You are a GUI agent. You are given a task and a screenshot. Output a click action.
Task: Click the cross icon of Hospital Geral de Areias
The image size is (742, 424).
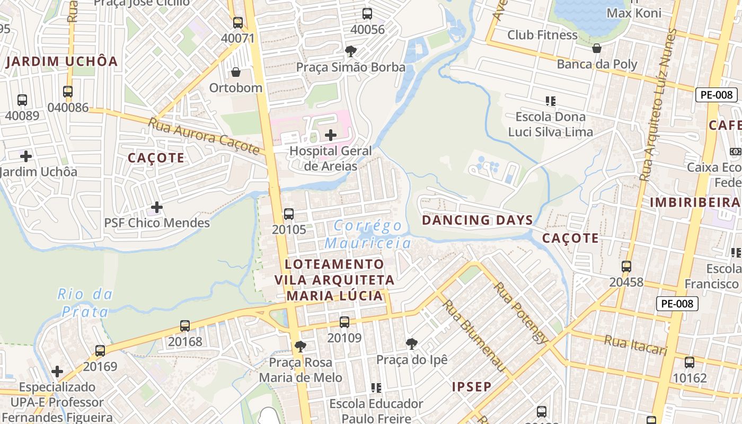click(330, 135)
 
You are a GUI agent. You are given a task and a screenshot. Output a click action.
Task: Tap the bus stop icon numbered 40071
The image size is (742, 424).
click(238, 23)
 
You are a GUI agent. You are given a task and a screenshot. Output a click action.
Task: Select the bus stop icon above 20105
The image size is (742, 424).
click(289, 214)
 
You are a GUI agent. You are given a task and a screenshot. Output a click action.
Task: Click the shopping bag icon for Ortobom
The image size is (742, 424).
click(236, 72)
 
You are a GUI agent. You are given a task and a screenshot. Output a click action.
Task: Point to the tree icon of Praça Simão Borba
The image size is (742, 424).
click(350, 51)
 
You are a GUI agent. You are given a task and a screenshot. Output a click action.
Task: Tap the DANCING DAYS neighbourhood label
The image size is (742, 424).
click(477, 220)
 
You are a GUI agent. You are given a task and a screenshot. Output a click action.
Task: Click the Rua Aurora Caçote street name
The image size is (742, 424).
click(204, 137)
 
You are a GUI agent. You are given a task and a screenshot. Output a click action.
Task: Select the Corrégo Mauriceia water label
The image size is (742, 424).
click(368, 234)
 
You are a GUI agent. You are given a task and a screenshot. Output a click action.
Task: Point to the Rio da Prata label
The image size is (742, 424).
click(85, 303)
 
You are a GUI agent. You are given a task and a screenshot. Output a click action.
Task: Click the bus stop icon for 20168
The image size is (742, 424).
click(185, 326)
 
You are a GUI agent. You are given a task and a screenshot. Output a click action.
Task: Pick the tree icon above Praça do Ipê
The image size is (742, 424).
click(411, 344)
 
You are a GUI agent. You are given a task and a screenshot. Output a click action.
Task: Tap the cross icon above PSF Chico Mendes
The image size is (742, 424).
click(157, 207)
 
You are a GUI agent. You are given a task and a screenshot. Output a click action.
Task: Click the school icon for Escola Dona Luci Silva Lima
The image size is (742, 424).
click(550, 101)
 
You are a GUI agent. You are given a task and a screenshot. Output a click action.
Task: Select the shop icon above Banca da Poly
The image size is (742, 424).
click(597, 49)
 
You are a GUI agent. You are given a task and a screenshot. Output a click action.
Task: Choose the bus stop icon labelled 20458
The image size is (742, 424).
click(626, 267)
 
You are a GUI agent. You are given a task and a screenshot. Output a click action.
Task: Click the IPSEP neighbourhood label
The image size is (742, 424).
click(472, 387)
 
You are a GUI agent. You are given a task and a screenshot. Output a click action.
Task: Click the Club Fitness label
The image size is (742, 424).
click(542, 35)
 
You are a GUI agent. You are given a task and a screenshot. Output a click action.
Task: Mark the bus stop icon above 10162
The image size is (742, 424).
click(690, 363)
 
